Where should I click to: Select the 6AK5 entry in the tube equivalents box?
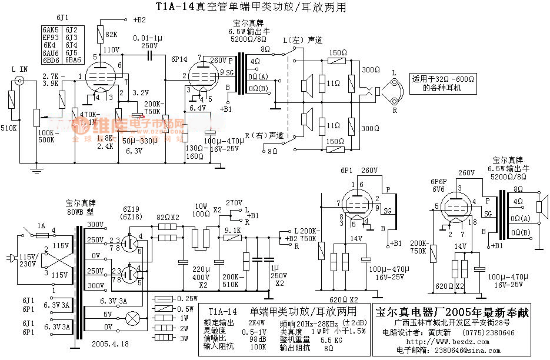(x=51, y=29)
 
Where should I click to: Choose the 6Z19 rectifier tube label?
(x=131, y=210)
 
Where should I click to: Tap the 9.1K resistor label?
(x=234, y=231)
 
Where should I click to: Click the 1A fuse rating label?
(x=42, y=226)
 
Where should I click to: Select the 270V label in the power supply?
(x=234, y=202)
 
